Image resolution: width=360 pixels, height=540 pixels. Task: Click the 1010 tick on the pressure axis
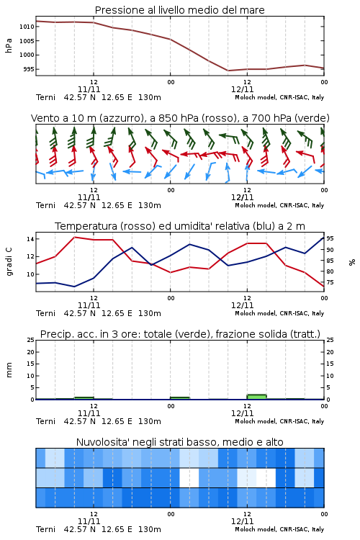tap(27, 27)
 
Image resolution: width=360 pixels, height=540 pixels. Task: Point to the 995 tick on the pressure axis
tap(29, 69)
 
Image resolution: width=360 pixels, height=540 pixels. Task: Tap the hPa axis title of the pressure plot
tap(9, 46)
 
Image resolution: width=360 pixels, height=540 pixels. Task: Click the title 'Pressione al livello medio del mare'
tap(180, 10)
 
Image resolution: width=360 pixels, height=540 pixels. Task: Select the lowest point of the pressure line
tap(228, 71)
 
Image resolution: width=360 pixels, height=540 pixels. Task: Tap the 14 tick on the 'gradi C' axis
tap(30, 239)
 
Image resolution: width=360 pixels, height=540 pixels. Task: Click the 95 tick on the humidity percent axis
tap(330, 238)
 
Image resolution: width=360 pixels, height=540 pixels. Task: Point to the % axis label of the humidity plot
tap(352, 262)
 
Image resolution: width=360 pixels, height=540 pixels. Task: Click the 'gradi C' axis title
tap(9, 262)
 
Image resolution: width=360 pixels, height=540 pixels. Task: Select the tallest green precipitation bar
tap(256, 397)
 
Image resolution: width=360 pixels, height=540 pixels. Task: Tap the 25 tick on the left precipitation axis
tap(31, 340)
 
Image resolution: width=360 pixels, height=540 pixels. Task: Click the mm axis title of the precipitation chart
tap(9, 370)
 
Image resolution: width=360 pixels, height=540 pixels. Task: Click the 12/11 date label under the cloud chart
tap(243, 521)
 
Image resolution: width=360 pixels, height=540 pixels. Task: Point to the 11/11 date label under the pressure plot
tap(89, 89)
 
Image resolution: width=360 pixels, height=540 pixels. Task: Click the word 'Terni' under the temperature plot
tap(46, 313)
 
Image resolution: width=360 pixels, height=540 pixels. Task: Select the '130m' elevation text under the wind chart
tap(150, 205)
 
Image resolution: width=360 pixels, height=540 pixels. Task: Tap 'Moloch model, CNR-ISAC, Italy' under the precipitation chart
tap(279, 421)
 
